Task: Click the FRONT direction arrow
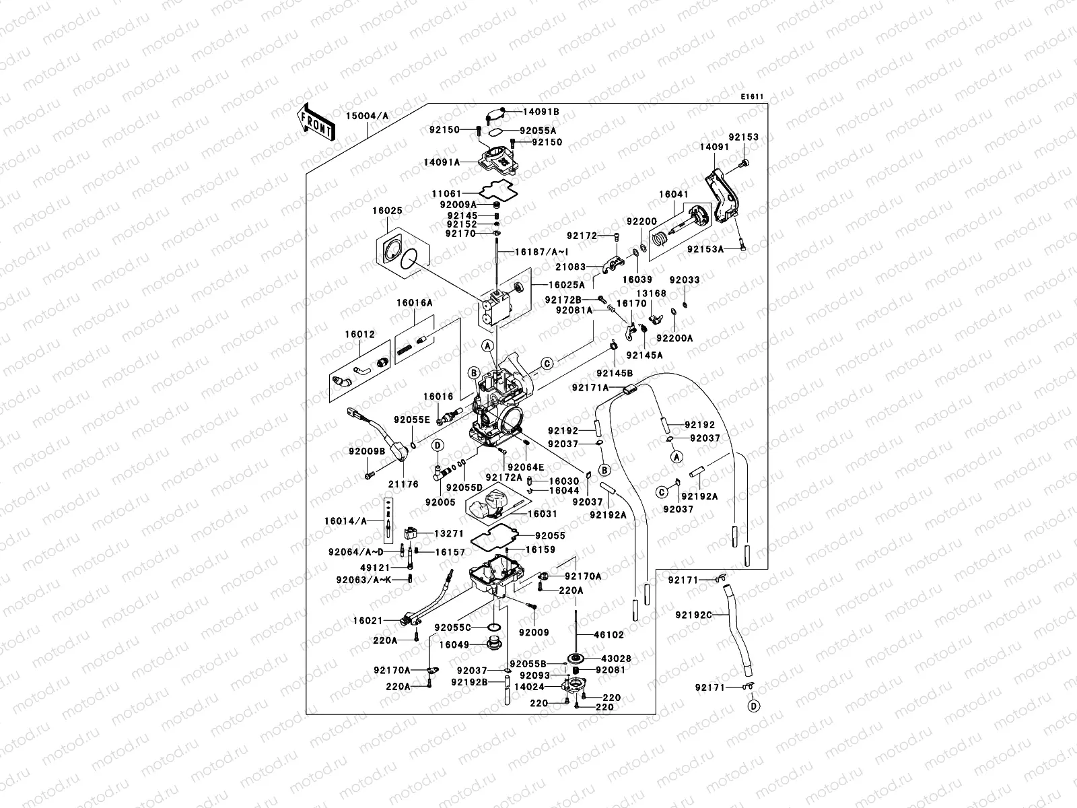pyautogui.click(x=315, y=122)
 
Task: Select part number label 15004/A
pyautogui.click(x=367, y=116)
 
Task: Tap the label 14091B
pyautogui.click(x=541, y=112)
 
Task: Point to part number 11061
pyautogui.click(x=446, y=194)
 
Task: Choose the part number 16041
pyautogui.click(x=673, y=195)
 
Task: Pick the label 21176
pyautogui.click(x=403, y=483)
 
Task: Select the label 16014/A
pyautogui.click(x=345, y=520)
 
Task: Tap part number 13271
pyautogui.click(x=448, y=533)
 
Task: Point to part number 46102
pyautogui.click(x=608, y=634)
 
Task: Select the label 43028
pyautogui.click(x=608, y=658)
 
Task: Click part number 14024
pyautogui.click(x=528, y=687)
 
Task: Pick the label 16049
pyautogui.click(x=454, y=644)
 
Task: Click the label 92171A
pyautogui.click(x=590, y=388)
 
